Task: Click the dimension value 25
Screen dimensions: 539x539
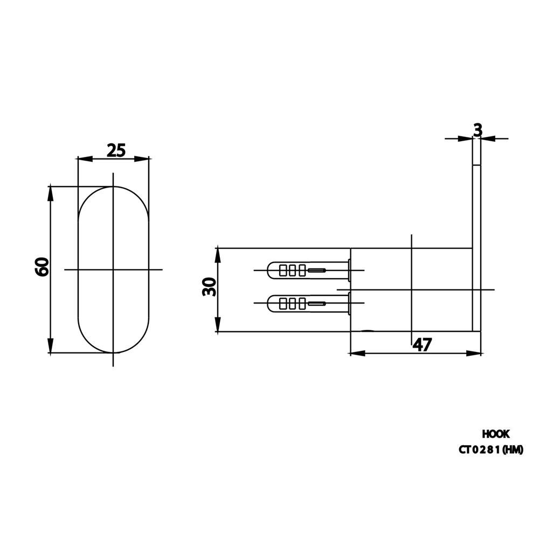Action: [116, 150]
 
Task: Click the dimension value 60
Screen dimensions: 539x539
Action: [43, 267]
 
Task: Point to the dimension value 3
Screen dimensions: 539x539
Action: [478, 130]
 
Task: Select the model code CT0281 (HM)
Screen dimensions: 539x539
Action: [491, 450]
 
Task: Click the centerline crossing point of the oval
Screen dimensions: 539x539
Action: [113, 269]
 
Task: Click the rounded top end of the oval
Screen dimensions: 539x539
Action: [113, 189]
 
